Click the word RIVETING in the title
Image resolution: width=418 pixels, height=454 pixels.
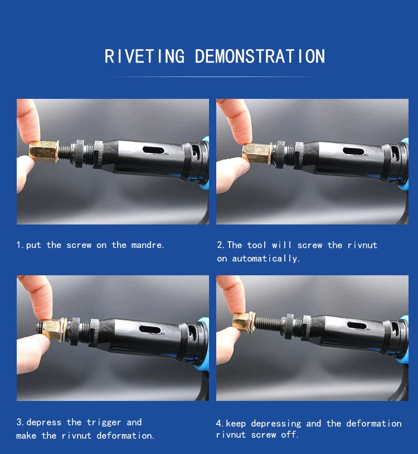[144, 56]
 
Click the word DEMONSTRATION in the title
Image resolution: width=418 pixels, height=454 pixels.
[260, 56]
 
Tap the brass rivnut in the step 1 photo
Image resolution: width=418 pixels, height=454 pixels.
[44, 151]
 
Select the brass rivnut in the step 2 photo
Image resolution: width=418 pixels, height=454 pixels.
[257, 153]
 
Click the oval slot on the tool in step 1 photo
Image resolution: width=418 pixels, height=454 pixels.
[153, 150]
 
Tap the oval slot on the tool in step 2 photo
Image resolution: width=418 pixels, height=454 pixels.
[353, 151]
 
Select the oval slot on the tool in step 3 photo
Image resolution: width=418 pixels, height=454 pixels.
[150, 329]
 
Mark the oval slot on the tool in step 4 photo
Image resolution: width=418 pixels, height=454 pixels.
[357, 326]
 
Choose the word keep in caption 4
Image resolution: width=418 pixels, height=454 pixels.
[236, 423]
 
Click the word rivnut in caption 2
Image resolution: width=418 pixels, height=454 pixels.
[362, 245]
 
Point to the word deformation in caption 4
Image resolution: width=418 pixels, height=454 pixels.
[374, 423]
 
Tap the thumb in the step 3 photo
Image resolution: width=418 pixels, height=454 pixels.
[32, 353]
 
